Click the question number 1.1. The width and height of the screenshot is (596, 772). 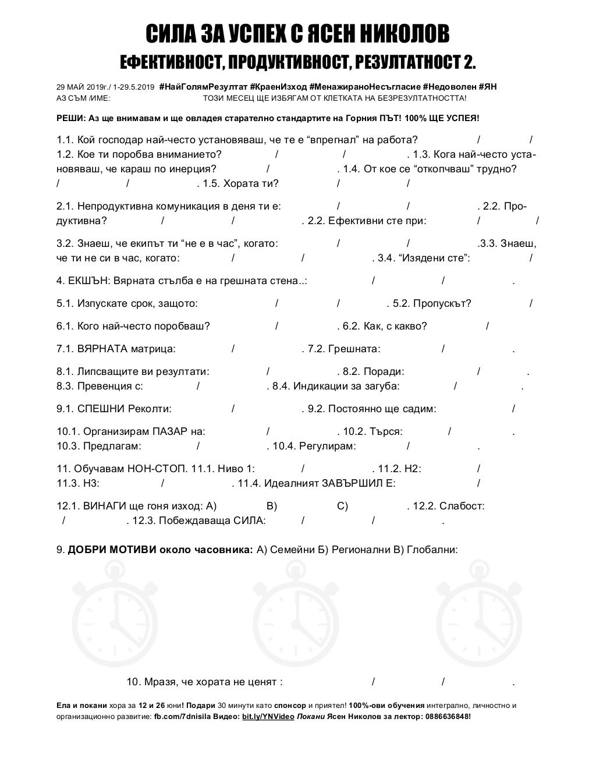[x=65, y=140]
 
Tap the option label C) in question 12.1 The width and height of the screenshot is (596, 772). [x=342, y=506]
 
